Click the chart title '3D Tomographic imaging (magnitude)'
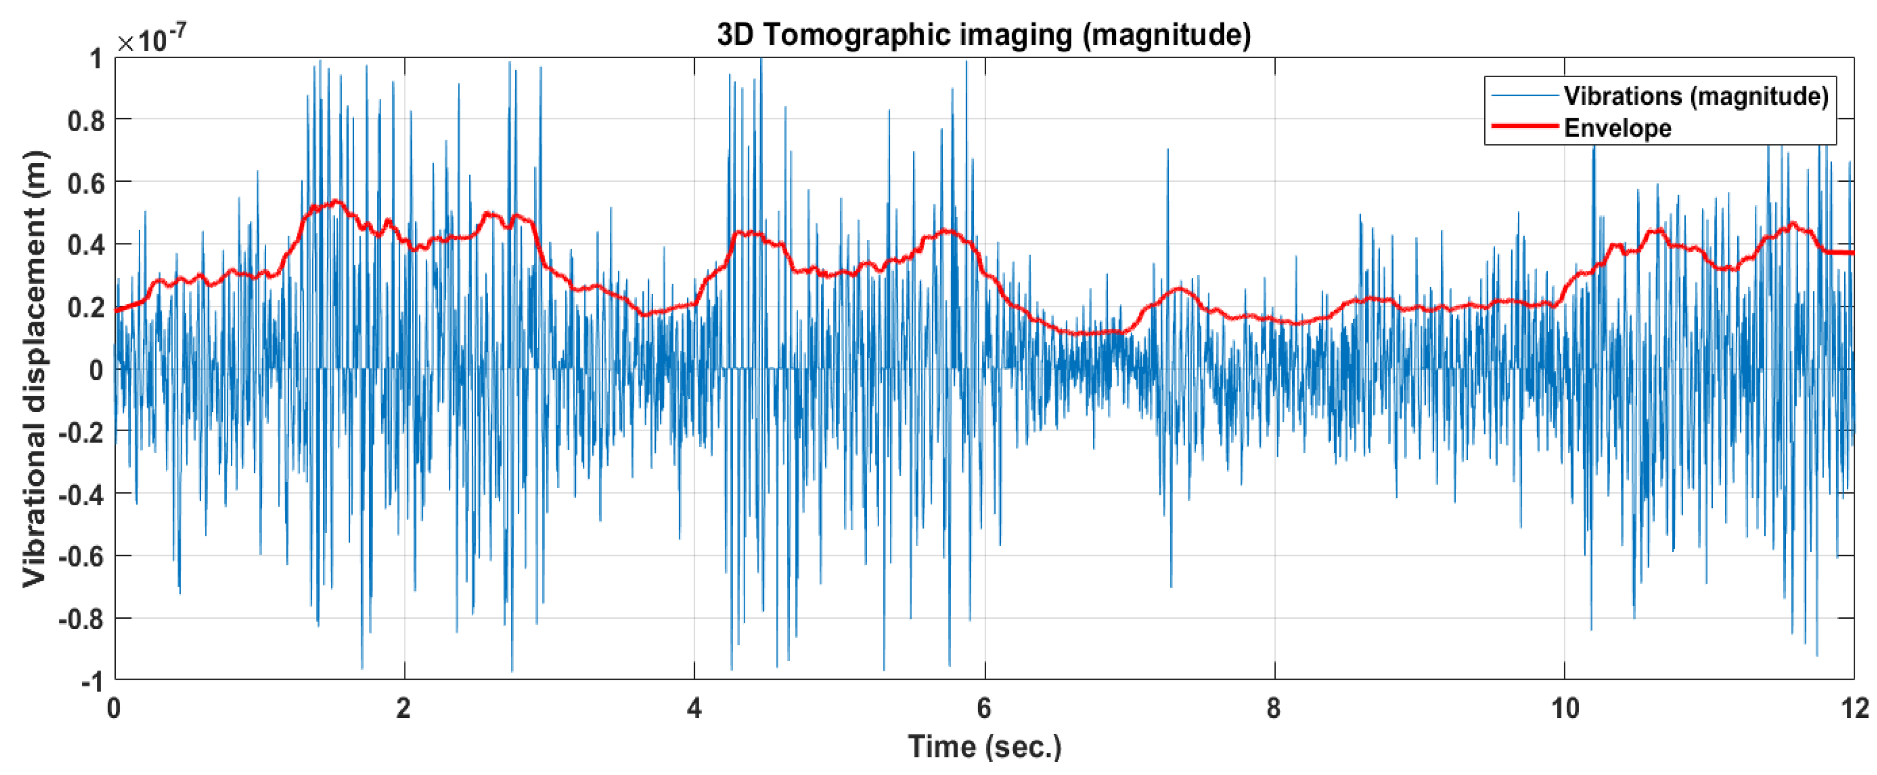[x=983, y=34]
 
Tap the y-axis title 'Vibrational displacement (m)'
[x=34, y=369]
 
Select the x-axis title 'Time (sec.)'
[x=983, y=746]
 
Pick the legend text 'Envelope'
[x=1618, y=128]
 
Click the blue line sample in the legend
[x=1524, y=95]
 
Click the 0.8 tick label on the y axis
[x=85, y=120]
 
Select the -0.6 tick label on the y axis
[x=80, y=557]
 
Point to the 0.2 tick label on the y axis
[x=85, y=307]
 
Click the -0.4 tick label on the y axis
[x=80, y=495]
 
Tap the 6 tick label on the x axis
[x=985, y=708]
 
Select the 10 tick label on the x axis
[x=1564, y=708]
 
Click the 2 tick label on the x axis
[x=404, y=708]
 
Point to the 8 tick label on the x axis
[x=1274, y=708]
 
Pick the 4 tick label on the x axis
[x=693, y=708]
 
